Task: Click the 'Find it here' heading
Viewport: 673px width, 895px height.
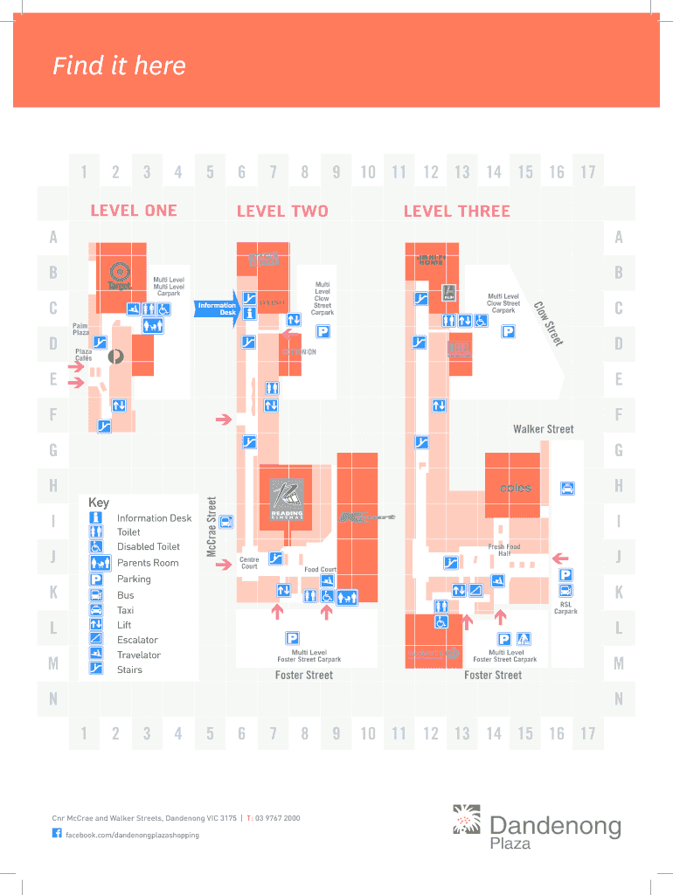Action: coord(119,66)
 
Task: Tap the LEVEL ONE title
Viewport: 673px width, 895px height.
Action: coord(134,211)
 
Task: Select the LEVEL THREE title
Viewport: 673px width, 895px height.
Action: coord(456,211)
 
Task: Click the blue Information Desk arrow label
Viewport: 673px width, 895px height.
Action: coord(216,309)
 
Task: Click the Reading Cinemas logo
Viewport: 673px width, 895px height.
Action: coord(287,500)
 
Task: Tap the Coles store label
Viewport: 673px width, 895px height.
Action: coord(515,489)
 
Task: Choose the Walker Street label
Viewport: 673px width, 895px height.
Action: coord(543,429)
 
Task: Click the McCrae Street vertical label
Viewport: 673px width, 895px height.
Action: coord(212,526)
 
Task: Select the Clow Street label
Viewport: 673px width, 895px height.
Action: coord(550,322)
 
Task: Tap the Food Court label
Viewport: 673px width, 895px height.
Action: coord(320,570)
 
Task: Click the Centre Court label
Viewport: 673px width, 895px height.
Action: coord(249,563)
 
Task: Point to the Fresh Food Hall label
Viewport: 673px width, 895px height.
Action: coord(504,550)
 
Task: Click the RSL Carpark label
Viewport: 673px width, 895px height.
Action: coord(565,607)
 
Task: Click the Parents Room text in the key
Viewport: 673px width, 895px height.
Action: coord(148,563)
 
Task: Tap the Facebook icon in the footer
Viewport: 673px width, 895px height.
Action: coord(58,835)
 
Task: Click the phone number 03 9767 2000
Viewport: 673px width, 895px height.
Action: coord(276,818)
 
